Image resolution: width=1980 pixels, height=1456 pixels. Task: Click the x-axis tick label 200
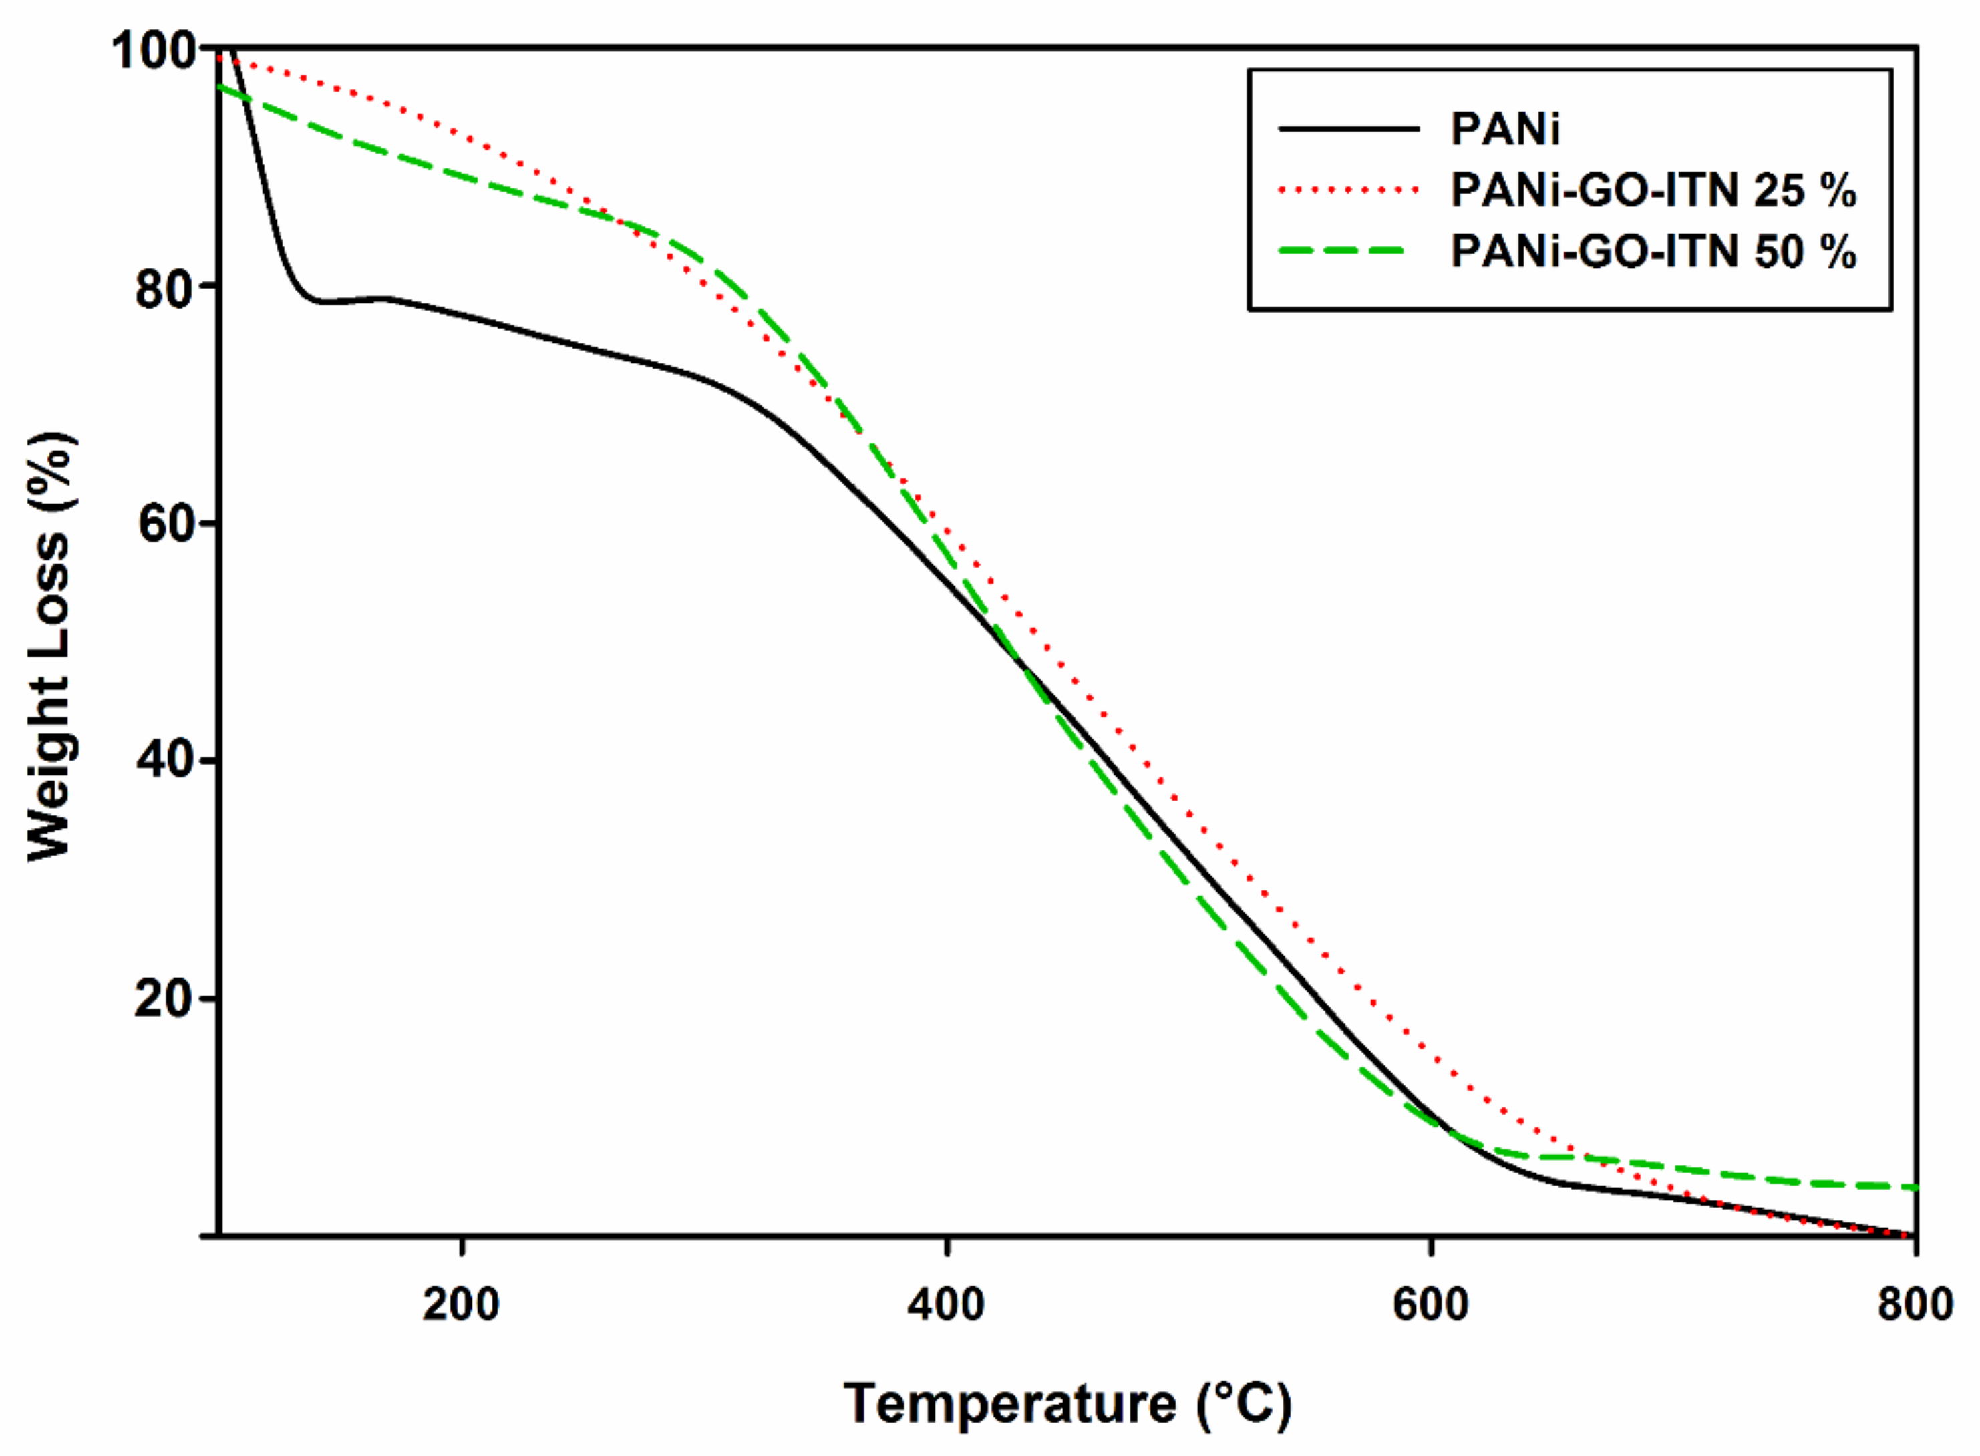pyautogui.click(x=461, y=1305)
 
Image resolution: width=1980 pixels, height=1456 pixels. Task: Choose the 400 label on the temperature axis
pyautogui.click(x=946, y=1305)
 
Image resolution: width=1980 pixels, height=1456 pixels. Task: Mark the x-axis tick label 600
pyautogui.click(x=1431, y=1305)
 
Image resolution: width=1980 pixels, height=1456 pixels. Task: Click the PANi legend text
pyautogui.click(x=1505, y=130)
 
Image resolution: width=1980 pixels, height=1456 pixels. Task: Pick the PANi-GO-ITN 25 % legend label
pyautogui.click(x=1653, y=190)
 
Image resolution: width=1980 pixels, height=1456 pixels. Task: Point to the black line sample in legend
pyautogui.click(x=1348, y=130)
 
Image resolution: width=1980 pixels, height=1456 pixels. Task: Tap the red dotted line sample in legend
pyautogui.click(x=1348, y=190)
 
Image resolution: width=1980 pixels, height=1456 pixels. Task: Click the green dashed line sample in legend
pyautogui.click(x=1348, y=252)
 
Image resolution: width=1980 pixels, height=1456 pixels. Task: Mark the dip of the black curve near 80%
pyautogui.click(x=323, y=301)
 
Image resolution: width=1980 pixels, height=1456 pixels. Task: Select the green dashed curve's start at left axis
pyautogui.click(x=220, y=86)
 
